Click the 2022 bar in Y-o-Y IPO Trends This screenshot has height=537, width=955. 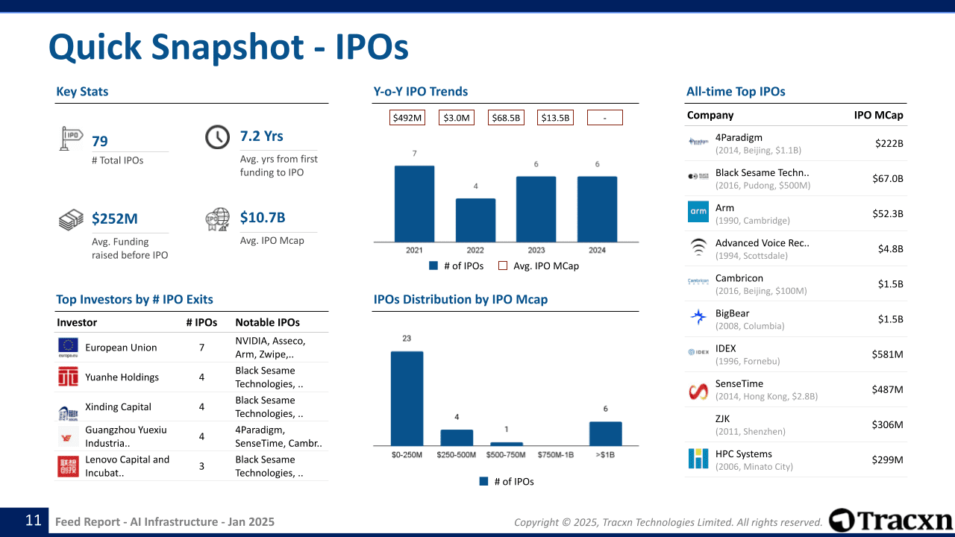point(475,220)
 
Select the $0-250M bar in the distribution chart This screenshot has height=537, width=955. point(407,398)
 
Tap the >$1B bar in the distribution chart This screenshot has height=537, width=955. point(605,433)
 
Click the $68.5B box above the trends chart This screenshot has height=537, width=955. point(506,118)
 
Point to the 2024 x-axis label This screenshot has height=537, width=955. point(597,251)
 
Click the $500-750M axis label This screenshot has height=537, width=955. point(506,455)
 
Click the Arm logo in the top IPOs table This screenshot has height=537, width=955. point(698,212)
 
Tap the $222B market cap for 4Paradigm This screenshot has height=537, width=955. point(889,143)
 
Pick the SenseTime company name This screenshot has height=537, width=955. point(739,383)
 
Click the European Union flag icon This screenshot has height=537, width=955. point(68,347)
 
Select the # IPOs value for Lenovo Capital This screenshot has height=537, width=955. point(201,466)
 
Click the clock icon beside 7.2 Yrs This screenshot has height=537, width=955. point(217,137)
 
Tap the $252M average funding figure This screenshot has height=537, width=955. point(115,219)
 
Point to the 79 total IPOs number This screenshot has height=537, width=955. point(100,141)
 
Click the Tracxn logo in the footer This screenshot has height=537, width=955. point(891,521)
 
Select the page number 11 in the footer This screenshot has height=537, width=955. point(34,521)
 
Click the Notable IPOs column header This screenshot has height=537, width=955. point(267,322)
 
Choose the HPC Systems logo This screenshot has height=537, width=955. point(698,458)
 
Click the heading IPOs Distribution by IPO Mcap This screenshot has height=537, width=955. point(460,299)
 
